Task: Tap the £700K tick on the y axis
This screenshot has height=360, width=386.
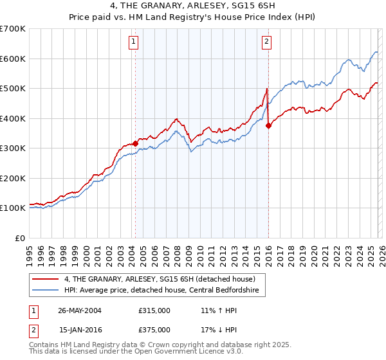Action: [x=13, y=29]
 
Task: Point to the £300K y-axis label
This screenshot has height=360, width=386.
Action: [x=13, y=148]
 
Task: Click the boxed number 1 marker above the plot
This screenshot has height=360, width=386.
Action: [x=133, y=43]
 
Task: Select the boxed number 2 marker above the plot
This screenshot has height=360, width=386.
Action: [x=266, y=43]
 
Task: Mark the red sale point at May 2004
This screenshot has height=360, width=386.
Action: [x=136, y=143]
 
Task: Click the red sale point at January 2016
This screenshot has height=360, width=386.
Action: [x=268, y=126]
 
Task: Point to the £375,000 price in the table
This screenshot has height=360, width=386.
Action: [x=154, y=329]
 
